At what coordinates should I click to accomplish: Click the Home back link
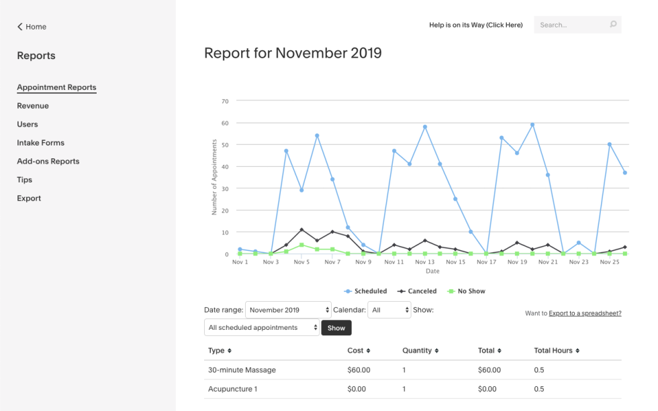click(x=32, y=27)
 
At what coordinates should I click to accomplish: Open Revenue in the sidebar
click(x=33, y=106)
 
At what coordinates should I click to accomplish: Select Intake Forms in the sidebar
click(x=40, y=143)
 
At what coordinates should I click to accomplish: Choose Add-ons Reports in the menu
click(x=48, y=162)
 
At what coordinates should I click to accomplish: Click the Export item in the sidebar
click(x=29, y=198)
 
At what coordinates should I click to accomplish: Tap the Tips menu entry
click(x=24, y=180)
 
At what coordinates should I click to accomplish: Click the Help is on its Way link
click(x=475, y=25)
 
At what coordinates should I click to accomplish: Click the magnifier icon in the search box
click(x=613, y=25)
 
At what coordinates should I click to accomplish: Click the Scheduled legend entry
click(x=366, y=292)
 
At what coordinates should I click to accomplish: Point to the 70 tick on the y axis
click(x=225, y=101)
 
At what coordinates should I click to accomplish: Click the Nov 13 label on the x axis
click(x=425, y=262)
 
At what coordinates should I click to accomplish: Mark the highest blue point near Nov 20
click(x=532, y=125)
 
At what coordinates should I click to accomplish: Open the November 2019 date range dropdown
click(x=288, y=310)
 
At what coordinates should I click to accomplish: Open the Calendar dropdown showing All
click(x=389, y=310)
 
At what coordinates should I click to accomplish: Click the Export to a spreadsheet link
click(x=584, y=313)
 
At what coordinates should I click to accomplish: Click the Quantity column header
click(x=420, y=351)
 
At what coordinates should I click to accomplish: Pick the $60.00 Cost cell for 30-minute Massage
click(x=359, y=370)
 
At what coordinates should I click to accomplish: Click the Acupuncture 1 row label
click(x=232, y=389)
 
